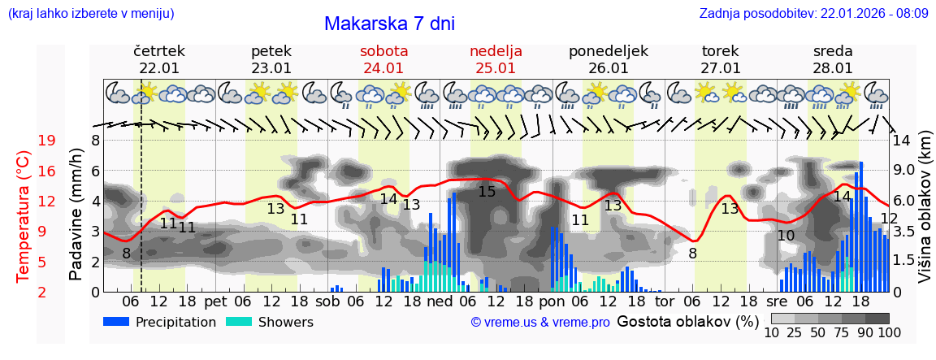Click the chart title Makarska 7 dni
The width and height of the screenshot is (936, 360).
click(x=389, y=24)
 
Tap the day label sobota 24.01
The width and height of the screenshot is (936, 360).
click(x=383, y=59)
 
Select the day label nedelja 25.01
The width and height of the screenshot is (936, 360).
click(x=496, y=59)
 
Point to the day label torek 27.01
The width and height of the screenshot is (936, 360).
click(x=721, y=59)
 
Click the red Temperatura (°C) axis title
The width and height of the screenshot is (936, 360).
click(x=24, y=215)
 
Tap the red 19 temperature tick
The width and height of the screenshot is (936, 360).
click(x=46, y=141)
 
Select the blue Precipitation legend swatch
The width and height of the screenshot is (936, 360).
click(x=117, y=322)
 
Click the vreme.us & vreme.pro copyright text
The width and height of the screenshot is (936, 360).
click(x=540, y=323)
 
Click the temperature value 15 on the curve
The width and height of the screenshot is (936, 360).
click(x=487, y=192)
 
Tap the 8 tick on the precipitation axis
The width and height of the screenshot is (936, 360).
click(x=95, y=140)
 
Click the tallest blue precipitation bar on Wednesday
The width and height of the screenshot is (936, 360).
click(x=861, y=227)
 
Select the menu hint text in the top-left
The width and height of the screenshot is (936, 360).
click(x=90, y=13)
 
